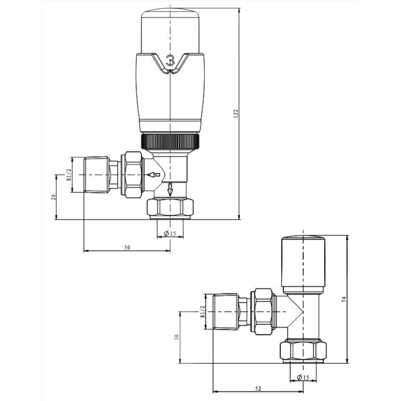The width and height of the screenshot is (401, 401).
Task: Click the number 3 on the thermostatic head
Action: pos(171,60)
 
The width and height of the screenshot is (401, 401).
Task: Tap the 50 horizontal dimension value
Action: pos(127,247)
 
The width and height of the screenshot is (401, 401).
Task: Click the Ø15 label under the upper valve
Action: pos(170,234)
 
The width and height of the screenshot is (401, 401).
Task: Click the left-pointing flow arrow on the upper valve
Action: pos(153,175)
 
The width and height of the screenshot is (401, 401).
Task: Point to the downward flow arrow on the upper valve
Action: pos(171,189)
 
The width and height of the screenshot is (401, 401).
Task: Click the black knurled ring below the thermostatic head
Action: pos(171,140)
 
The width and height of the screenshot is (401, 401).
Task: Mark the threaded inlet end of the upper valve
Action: pos(96,175)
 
